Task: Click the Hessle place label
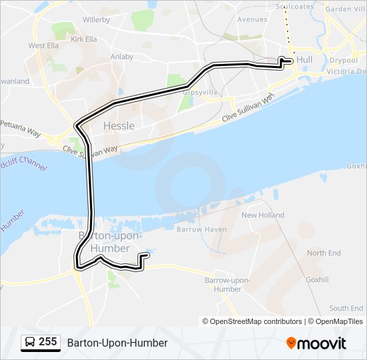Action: point(119,126)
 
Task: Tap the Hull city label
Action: point(304,60)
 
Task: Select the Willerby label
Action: point(96,20)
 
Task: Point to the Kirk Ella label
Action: point(83,40)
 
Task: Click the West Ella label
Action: point(43,46)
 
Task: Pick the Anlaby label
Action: point(122,57)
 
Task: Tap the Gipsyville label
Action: point(197,93)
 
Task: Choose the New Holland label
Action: point(263,215)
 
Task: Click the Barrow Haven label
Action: point(202,229)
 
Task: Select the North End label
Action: point(324,253)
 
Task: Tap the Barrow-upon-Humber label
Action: point(227,285)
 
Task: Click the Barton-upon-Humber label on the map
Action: point(104,242)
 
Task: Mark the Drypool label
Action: point(344,60)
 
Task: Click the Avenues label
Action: point(252,19)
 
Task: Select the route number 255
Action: point(47,342)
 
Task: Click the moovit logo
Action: point(316,343)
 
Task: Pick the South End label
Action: point(346,309)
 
